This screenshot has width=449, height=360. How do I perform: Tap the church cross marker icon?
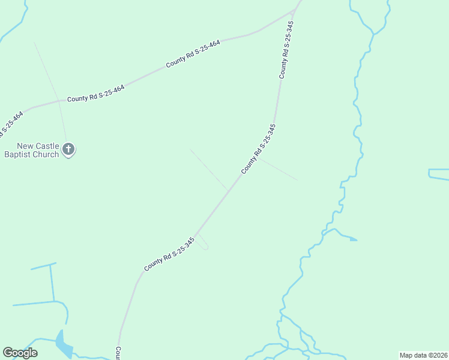(x=68, y=149)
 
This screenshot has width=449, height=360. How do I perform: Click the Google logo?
(x=20, y=353)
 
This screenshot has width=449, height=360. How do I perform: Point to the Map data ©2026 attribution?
(x=423, y=355)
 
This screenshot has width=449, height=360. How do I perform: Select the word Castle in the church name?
(x=46, y=146)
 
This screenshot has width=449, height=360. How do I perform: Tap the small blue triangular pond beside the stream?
(x=352, y=239)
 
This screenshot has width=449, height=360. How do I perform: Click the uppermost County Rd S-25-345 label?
(x=286, y=50)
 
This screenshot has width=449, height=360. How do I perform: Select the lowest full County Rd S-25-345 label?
(x=170, y=254)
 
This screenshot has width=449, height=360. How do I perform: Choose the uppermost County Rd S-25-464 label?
(x=193, y=53)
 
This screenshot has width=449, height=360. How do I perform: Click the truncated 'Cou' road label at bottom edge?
(x=119, y=352)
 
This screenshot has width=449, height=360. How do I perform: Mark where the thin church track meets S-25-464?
(x=59, y=101)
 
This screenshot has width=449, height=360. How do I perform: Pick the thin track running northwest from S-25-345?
(x=208, y=169)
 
